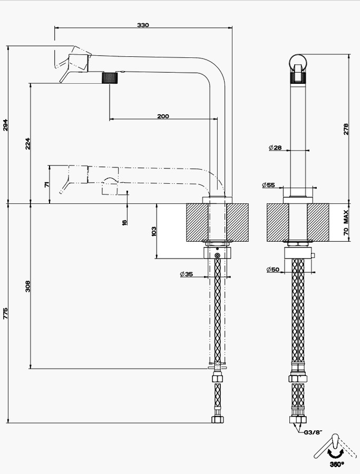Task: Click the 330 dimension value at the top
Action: [x=143, y=25]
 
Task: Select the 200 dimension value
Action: [x=163, y=116]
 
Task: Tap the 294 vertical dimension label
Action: [x=6, y=125]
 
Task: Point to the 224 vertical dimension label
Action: [x=28, y=143]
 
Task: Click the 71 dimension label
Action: [x=46, y=184]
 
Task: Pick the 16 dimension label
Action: [x=124, y=222]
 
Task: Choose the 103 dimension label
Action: [x=154, y=231]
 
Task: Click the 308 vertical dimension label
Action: [x=28, y=286]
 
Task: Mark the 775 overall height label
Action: [x=6, y=313]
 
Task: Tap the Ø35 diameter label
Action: [x=186, y=274]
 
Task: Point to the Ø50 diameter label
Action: [x=273, y=270]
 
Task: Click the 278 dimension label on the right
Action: [x=346, y=129]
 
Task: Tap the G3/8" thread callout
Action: [x=313, y=432]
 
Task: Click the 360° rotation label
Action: [x=337, y=464]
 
